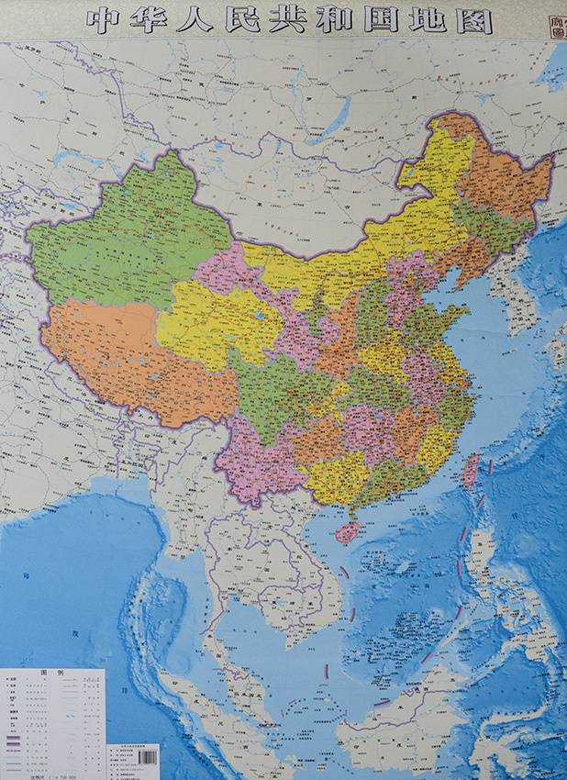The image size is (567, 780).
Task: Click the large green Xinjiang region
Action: click(x=128, y=239)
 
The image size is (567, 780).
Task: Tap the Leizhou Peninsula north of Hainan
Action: click(x=348, y=507)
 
